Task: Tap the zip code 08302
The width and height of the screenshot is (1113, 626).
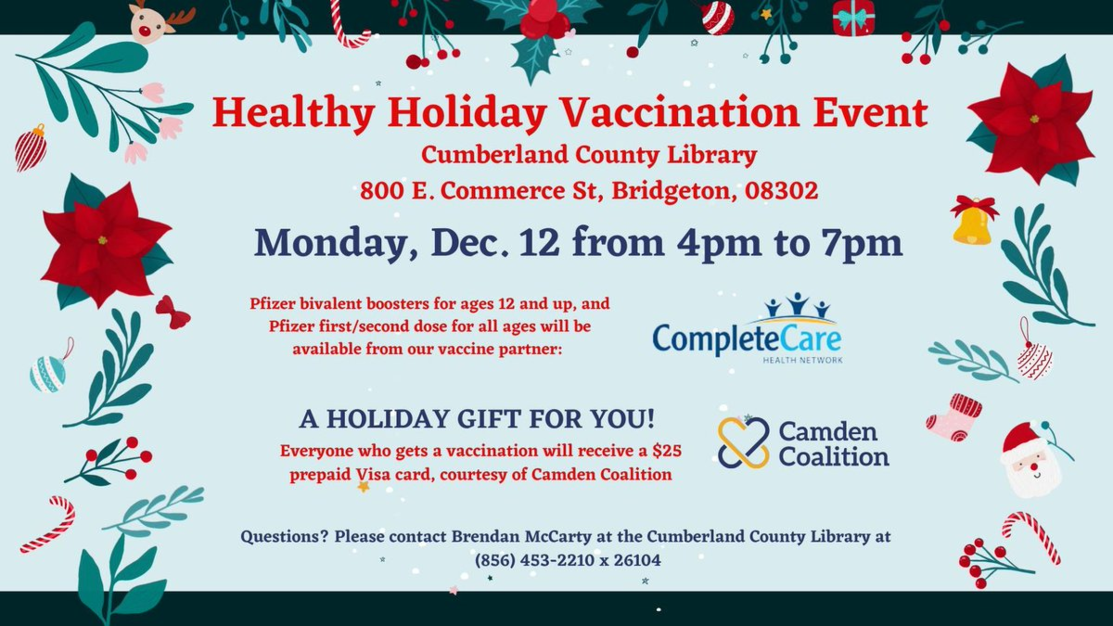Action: tap(781, 190)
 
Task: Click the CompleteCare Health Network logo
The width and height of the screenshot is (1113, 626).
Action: tap(747, 328)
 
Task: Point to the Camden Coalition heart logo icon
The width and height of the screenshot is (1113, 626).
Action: tap(743, 442)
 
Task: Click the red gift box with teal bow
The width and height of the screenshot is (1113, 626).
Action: tap(853, 18)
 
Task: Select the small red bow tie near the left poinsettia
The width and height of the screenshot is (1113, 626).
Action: tap(173, 312)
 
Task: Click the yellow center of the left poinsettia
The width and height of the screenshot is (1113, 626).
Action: tap(102, 240)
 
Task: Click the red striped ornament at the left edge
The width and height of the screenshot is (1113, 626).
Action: tap(30, 148)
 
